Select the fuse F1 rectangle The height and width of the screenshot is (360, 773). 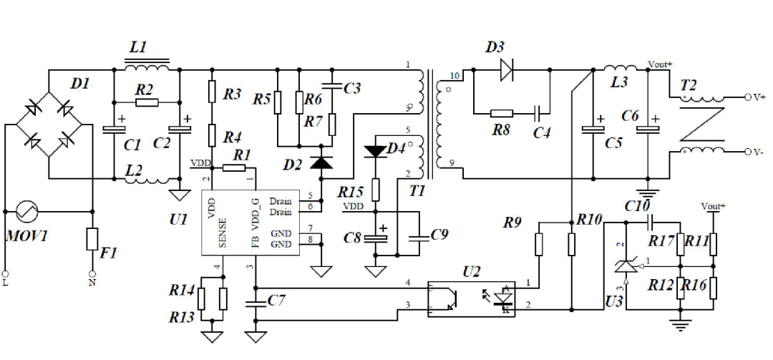point(92,239)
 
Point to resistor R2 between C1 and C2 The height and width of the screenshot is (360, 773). point(146,103)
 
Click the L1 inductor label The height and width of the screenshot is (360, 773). point(137,47)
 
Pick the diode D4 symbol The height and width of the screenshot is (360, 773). point(375,151)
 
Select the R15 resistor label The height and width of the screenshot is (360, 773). point(351,193)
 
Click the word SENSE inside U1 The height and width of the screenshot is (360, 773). point(223,230)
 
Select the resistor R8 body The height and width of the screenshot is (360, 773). point(502,112)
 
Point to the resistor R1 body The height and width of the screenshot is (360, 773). point(233,167)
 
